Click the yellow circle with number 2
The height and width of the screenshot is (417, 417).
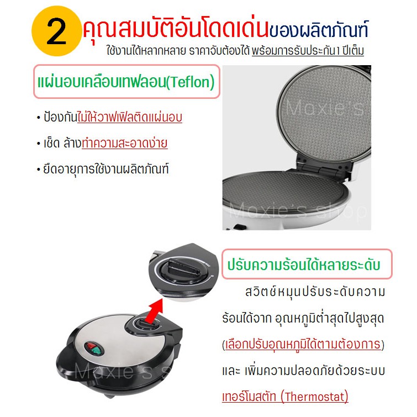57,31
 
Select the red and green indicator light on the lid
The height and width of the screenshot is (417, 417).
93,349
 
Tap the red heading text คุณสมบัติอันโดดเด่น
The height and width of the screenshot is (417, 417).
176,29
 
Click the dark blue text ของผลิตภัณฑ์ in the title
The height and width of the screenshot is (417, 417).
319,29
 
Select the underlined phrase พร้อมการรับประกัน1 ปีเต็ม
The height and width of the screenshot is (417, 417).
308,50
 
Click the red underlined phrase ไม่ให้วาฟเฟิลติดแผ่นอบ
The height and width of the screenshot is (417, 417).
130,117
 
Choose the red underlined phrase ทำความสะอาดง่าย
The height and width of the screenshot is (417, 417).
125,142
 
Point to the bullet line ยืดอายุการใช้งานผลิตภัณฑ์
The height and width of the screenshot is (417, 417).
106,168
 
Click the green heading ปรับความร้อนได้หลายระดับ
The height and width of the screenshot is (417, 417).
304,265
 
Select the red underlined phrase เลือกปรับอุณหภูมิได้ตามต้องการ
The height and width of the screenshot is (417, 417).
303,344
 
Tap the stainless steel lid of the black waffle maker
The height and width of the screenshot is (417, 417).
117,343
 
